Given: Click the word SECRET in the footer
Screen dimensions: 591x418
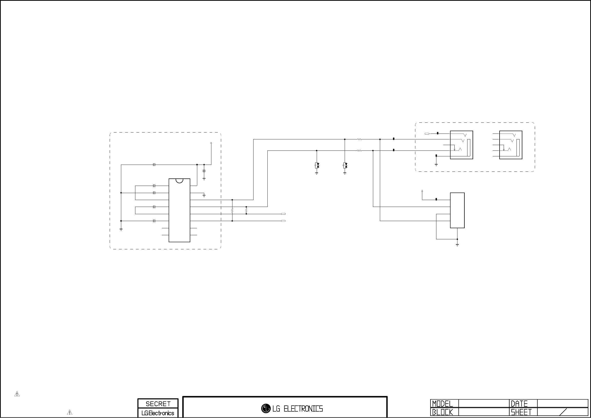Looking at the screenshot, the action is point(158,404).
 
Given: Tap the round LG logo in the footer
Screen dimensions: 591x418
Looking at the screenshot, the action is point(266,408).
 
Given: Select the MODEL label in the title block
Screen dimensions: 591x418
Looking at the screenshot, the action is point(442,404).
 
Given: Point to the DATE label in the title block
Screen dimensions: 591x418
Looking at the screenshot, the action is point(519,404).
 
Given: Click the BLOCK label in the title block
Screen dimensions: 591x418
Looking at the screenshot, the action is point(442,412).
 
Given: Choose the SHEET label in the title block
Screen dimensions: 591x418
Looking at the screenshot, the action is point(521,412).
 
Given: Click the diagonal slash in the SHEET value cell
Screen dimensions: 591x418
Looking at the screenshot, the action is point(564,412).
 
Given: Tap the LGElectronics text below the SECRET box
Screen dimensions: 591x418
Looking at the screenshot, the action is point(158,413).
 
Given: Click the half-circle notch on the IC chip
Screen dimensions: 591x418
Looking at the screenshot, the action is point(180,181).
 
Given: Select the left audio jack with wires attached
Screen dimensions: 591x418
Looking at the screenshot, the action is point(461,145).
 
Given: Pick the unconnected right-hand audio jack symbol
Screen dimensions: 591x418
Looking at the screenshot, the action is point(511,145).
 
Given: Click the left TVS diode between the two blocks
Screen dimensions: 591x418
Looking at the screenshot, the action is point(317,166).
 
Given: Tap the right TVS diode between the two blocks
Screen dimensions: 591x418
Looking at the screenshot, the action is point(345,166).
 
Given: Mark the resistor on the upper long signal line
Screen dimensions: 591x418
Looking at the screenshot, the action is point(360,139).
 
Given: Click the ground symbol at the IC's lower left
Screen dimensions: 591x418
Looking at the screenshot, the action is point(121,229).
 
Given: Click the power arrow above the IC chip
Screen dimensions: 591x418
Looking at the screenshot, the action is point(211,143).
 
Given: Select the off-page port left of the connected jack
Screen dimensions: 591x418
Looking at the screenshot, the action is point(427,134).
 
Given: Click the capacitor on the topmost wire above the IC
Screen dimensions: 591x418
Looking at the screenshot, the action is point(154,165).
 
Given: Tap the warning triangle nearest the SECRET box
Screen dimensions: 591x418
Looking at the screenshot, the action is point(70,412).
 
